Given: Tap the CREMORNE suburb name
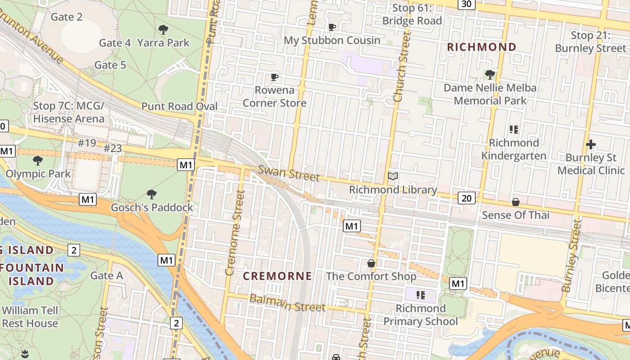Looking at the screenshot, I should click(x=277, y=276).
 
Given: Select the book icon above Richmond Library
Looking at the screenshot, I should click(x=393, y=176).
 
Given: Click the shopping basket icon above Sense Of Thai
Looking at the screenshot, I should click(x=516, y=202).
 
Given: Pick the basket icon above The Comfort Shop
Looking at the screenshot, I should click(x=371, y=263).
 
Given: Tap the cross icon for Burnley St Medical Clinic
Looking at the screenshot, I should click(x=591, y=144).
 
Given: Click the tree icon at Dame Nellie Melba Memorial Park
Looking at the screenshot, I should click(x=490, y=74).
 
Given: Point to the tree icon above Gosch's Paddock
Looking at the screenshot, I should click(x=152, y=194).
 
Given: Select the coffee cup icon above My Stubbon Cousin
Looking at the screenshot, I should click(x=332, y=27).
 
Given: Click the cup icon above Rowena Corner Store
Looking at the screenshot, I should click(x=274, y=77).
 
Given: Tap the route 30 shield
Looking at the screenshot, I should click(x=466, y=4).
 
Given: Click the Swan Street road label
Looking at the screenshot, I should click(x=289, y=173).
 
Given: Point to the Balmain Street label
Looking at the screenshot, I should click(x=287, y=303).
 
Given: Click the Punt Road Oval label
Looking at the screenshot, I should click(x=180, y=107).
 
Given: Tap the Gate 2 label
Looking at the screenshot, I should click(x=67, y=17).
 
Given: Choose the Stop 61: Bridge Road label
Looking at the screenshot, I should click(x=412, y=14).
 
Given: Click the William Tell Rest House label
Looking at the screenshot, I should click(x=30, y=317).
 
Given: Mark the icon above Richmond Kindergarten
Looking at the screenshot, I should click(x=514, y=130).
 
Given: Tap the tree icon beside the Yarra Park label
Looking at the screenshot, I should click(x=163, y=30).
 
